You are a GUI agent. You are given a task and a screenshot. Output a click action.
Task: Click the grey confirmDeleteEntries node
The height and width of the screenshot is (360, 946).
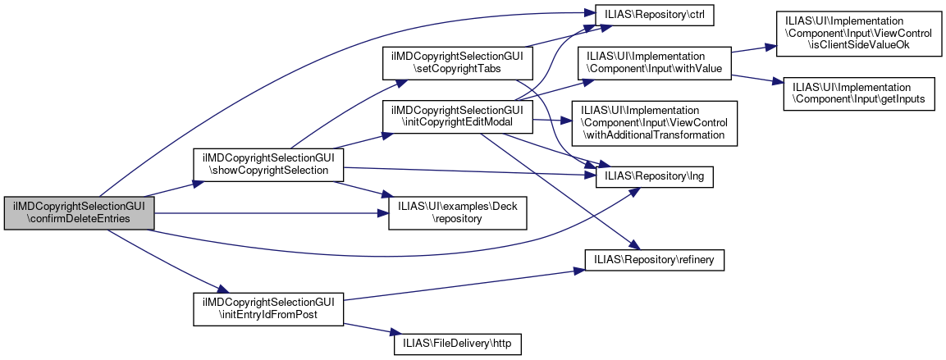pyautogui.click(x=79, y=213)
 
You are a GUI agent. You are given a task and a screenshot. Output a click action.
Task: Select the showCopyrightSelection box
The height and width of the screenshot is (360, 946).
pyautogui.click(x=267, y=163)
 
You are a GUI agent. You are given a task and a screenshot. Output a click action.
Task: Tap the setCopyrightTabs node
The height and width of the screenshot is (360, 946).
pyautogui.click(x=457, y=63)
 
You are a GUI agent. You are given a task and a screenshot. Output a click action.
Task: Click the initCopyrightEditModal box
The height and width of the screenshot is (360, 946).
pyautogui.click(x=457, y=116)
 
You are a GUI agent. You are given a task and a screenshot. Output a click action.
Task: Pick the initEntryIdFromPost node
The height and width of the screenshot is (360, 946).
pyautogui.click(x=267, y=308)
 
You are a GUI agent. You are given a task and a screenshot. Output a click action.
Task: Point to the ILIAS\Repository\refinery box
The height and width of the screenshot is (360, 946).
pyautogui.click(x=654, y=259)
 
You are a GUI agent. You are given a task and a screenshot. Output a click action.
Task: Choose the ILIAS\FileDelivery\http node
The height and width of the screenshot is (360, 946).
pyautogui.click(x=457, y=344)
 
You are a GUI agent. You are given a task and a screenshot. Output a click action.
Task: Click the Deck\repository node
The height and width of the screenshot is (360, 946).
pyautogui.click(x=457, y=212)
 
